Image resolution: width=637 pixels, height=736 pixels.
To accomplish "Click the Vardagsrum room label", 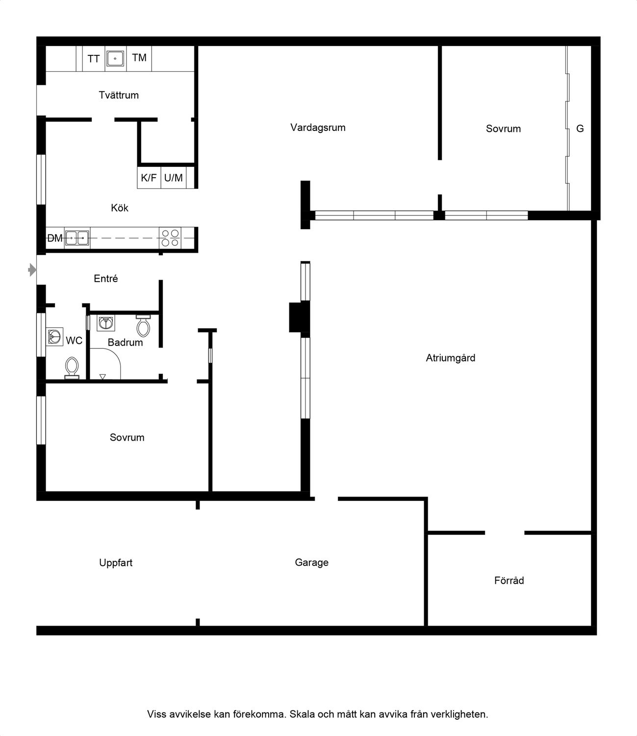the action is click(x=318, y=128).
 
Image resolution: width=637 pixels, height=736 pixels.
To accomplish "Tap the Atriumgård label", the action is click(x=451, y=358).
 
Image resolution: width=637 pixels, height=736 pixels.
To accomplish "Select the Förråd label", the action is click(x=509, y=580).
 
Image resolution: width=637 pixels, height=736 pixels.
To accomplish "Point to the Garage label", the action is click(x=312, y=563).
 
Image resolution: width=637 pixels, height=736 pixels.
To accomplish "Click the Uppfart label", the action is click(x=116, y=563).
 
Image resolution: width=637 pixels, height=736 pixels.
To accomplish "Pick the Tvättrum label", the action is click(x=119, y=95).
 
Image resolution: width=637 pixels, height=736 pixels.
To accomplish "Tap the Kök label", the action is click(x=120, y=208).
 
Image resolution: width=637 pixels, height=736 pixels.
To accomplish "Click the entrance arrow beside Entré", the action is click(x=32, y=270).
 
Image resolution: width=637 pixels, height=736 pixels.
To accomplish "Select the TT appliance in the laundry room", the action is click(x=94, y=59).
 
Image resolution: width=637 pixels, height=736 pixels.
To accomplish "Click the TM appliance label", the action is click(x=139, y=58).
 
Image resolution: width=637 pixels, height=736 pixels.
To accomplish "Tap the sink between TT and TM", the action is click(x=115, y=58).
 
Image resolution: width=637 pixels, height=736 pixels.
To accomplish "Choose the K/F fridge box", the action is click(x=149, y=178).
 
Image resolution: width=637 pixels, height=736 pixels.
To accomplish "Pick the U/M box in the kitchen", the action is click(x=174, y=178).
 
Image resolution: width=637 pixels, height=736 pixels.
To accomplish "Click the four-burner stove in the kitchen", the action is click(x=170, y=238).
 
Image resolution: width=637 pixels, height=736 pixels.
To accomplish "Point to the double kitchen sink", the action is click(x=77, y=238).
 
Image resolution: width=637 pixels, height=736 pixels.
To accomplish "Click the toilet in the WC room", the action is click(x=72, y=368).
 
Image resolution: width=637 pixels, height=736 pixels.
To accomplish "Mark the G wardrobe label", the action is click(x=580, y=129).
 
